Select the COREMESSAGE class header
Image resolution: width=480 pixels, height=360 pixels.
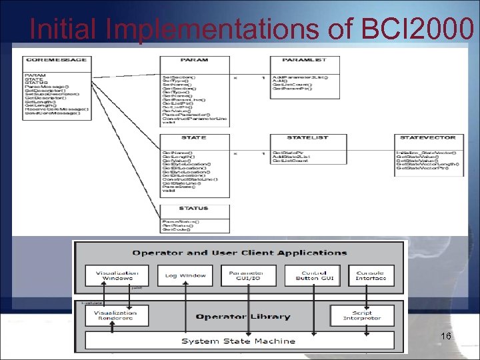[56, 60]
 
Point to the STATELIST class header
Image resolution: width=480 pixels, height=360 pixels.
[307, 137]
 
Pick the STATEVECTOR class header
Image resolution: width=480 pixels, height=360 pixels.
[428, 137]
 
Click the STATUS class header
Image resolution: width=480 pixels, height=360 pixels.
[193, 209]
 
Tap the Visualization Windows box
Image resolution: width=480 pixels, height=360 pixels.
[117, 275]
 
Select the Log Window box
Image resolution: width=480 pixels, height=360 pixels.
[183, 275]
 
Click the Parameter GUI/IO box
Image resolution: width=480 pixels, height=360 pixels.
[247, 275]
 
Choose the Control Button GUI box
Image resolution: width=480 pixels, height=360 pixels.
[311, 275]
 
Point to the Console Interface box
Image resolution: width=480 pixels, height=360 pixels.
[371, 275]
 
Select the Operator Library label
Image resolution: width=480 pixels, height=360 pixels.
[243, 316]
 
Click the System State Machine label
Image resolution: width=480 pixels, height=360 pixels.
[238, 341]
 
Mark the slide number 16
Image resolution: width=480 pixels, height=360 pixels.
[446, 336]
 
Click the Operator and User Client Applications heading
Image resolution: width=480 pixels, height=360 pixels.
[239, 252]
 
